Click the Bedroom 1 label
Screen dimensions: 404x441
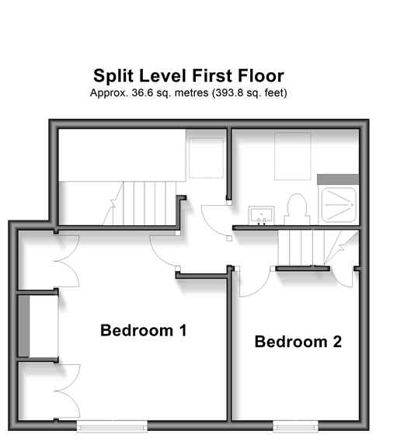(x=143, y=330)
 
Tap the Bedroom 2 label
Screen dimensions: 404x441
(x=298, y=342)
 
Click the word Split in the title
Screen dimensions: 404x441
(x=113, y=76)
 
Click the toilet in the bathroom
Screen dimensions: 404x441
(x=297, y=210)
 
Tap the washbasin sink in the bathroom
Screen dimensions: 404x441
(x=261, y=215)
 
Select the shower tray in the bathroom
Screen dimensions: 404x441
(x=339, y=205)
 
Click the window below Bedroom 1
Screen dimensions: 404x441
(x=112, y=425)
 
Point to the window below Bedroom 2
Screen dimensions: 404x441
(x=295, y=425)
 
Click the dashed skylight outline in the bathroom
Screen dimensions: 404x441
(x=293, y=156)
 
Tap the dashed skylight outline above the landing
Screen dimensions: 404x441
(x=206, y=158)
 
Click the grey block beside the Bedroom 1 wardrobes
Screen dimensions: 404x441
(x=23, y=326)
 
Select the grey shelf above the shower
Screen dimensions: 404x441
(x=338, y=179)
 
